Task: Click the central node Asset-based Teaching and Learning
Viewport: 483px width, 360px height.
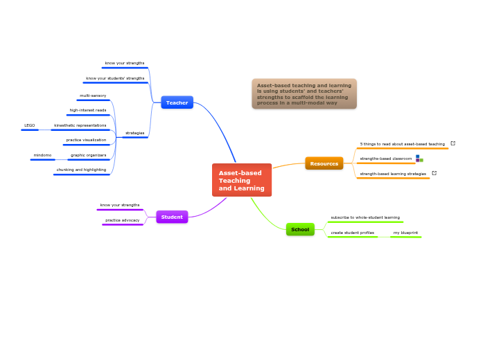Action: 241,180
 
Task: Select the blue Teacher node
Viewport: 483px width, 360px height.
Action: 177,102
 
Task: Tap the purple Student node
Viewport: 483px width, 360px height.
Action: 172,217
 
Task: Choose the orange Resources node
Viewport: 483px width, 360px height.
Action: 324,163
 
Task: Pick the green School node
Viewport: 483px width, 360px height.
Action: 300,229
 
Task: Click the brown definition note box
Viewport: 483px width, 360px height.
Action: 304,93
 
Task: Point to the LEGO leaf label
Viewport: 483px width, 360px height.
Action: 30,125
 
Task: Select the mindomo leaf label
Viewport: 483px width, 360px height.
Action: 42,155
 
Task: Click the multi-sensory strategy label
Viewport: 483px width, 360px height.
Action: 93,96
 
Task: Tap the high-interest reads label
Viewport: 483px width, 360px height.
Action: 88,110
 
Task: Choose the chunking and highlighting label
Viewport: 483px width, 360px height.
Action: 81,170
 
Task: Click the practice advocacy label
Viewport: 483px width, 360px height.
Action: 122,220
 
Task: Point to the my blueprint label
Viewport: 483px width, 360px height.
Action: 405,233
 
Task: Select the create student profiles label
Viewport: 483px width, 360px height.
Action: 352,233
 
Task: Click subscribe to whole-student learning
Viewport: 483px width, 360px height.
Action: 365,217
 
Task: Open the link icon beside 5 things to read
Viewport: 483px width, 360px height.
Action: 453,143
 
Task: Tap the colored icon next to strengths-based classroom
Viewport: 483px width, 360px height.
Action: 419,159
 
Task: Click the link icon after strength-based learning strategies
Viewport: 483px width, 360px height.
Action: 434,173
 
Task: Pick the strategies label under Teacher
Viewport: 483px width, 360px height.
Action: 134,133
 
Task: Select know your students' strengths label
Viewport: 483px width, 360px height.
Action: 115,78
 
